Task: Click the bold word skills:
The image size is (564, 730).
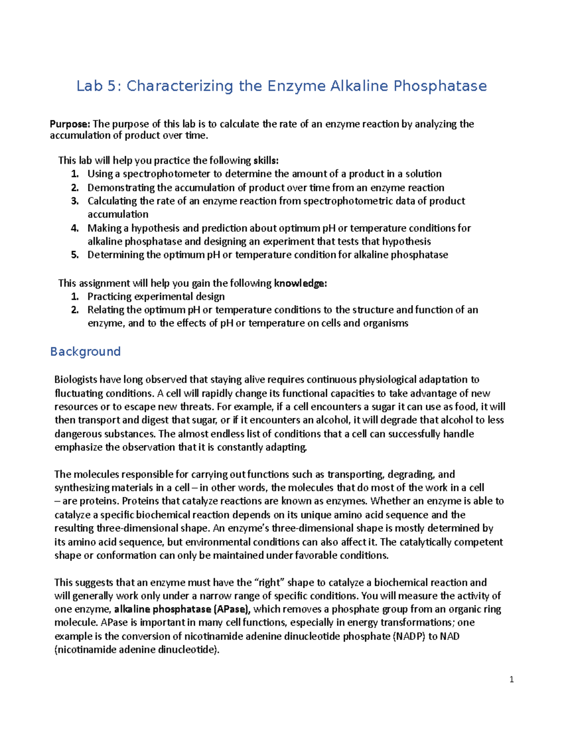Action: tap(269, 160)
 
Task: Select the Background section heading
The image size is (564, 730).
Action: tap(85, 352)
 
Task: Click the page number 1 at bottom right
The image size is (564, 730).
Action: tap(511, 679)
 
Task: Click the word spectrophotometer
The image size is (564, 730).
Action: tap(166, 174)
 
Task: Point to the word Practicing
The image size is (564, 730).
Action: tap(110, 297)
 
